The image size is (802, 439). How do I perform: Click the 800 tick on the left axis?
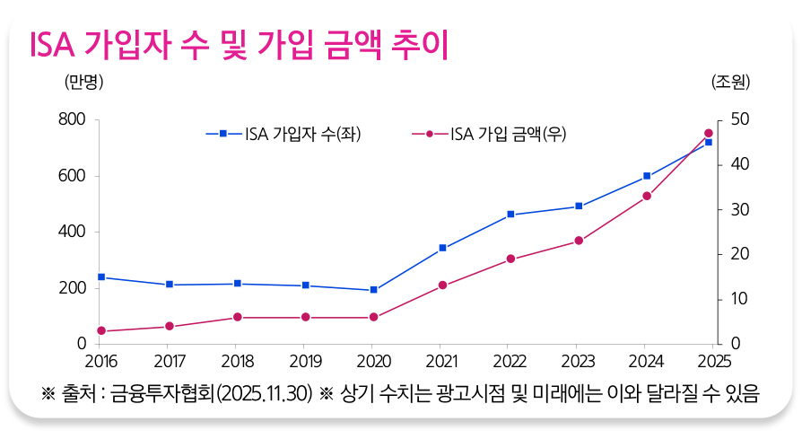pos(72,119)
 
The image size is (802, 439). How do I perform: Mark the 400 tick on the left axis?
pos(72,232)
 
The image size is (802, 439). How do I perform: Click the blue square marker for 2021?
pos(442,248)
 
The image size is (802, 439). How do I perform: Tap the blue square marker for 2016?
pos(101,277)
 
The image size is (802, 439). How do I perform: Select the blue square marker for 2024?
pos(647,176)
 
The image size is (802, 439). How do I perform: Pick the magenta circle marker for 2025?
pos(709,133)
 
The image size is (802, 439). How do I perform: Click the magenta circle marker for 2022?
pos(510,259)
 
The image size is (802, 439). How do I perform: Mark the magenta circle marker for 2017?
pos(169,327)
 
